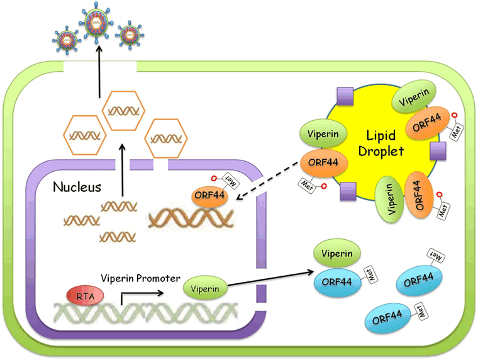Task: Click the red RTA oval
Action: pos(85,296)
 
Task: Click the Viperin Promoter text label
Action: pos(140,278)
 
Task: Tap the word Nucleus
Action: pos(77,187)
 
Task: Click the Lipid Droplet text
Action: pos(381,143)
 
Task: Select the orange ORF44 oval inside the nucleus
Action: pos(209,195)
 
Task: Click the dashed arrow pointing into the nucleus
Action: pos(267,181)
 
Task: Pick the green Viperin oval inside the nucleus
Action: pos(205,288)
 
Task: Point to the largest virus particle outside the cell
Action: pos(96,22)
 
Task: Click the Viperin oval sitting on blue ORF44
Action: pos(337,253)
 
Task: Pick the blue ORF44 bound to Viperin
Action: pos(337,281)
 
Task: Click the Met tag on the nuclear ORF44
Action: pos(230,181)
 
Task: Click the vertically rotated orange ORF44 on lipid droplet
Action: pos(419,195)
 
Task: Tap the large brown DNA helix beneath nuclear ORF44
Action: pos(191,218)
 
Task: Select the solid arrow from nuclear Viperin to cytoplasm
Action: pos(271,278)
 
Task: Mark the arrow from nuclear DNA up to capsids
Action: pos(122,170)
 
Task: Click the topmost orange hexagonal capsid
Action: pos(123,110)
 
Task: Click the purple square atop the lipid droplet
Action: pos(345,96)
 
